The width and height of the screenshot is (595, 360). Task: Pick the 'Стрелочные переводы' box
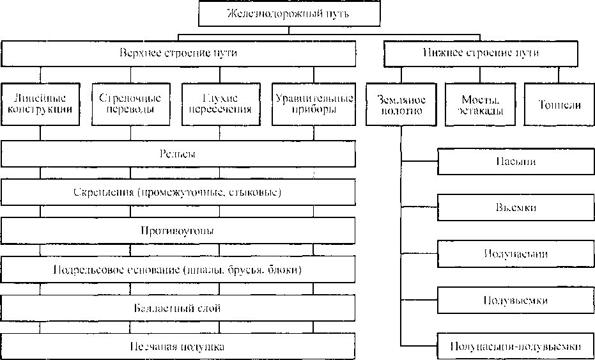tap(130, 104)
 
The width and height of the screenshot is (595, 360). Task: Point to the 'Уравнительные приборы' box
tap(313, 104)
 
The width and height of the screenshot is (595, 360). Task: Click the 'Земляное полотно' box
tap(400, 104)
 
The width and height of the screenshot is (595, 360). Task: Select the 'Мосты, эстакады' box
tap(479, 104)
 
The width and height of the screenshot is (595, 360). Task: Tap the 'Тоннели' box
tap(559, 104)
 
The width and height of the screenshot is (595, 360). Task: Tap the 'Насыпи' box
tap(515, 161)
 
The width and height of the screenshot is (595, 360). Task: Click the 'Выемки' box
tap(515, 208)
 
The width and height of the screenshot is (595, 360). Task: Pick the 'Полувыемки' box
tap(515, 300)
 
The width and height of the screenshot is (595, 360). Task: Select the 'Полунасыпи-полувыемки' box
tap(515, 347)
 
